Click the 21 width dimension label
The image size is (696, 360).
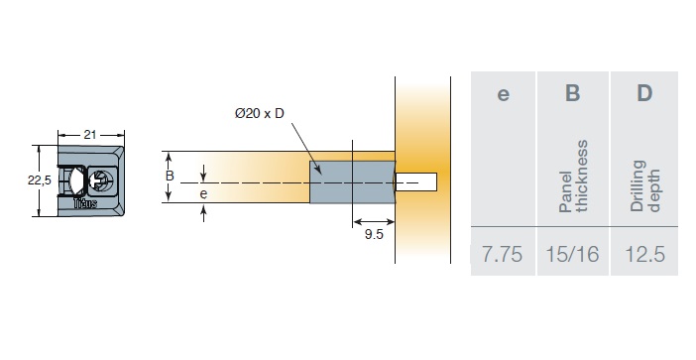90,135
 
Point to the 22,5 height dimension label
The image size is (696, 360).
40,180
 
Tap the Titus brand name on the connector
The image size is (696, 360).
85,203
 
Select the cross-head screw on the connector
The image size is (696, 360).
101,180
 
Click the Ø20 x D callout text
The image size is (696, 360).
260,114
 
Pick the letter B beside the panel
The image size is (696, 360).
170,176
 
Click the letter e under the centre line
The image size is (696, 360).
203,194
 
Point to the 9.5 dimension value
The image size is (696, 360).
374,234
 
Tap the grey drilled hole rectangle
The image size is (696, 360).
352,182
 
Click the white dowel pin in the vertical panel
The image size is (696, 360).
416,182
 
